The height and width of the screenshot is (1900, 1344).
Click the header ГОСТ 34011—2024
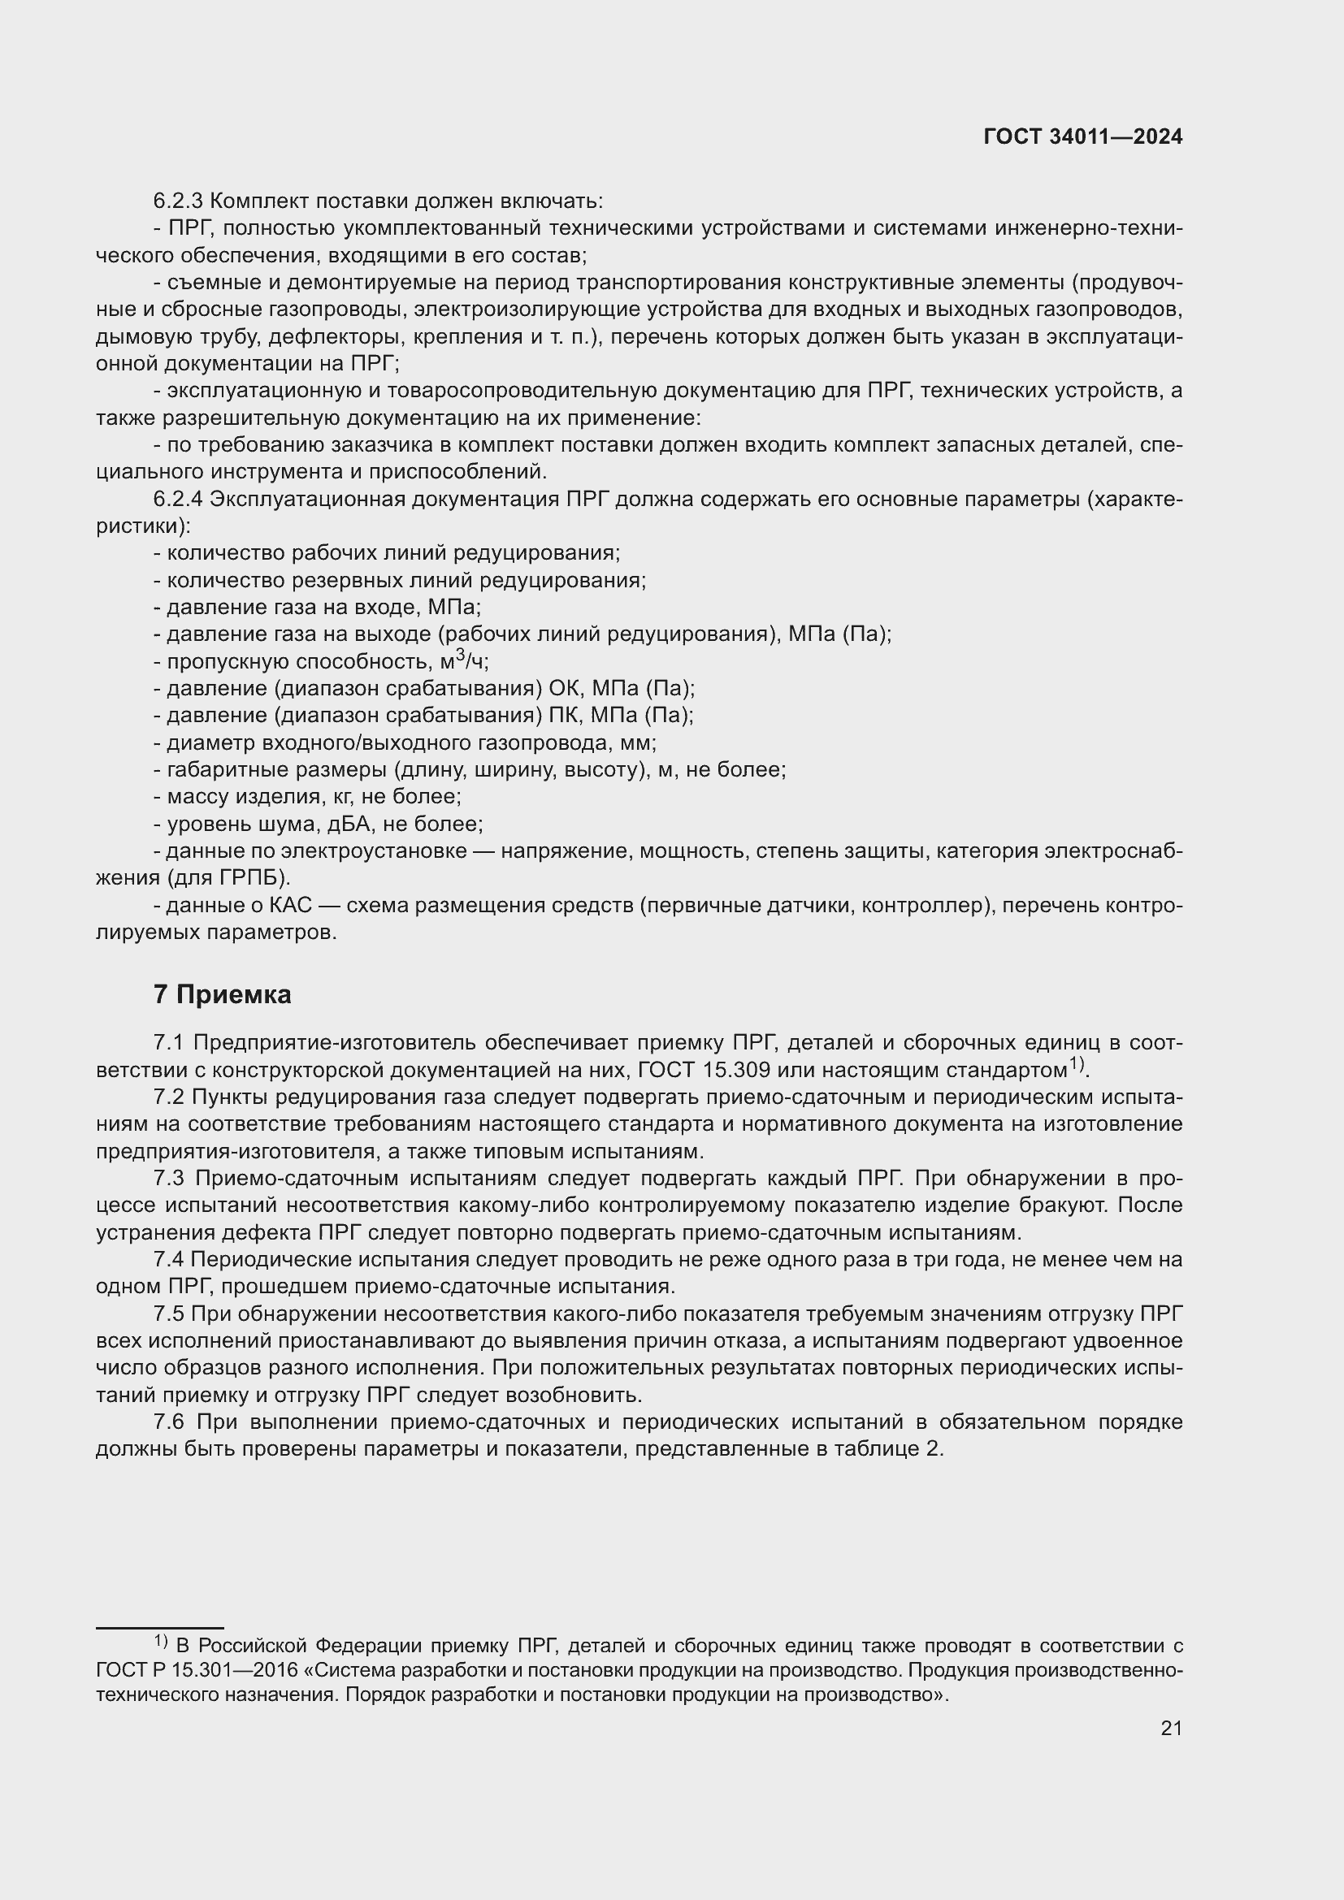(x=1082, y=137)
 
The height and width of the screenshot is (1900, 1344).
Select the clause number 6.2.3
(x=178, y=201)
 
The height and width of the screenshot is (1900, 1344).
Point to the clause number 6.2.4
(x=178, y=499)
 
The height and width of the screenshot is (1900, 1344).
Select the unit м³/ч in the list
(x=464, y=661)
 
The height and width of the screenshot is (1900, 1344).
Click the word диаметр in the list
(x=204, y=742)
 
